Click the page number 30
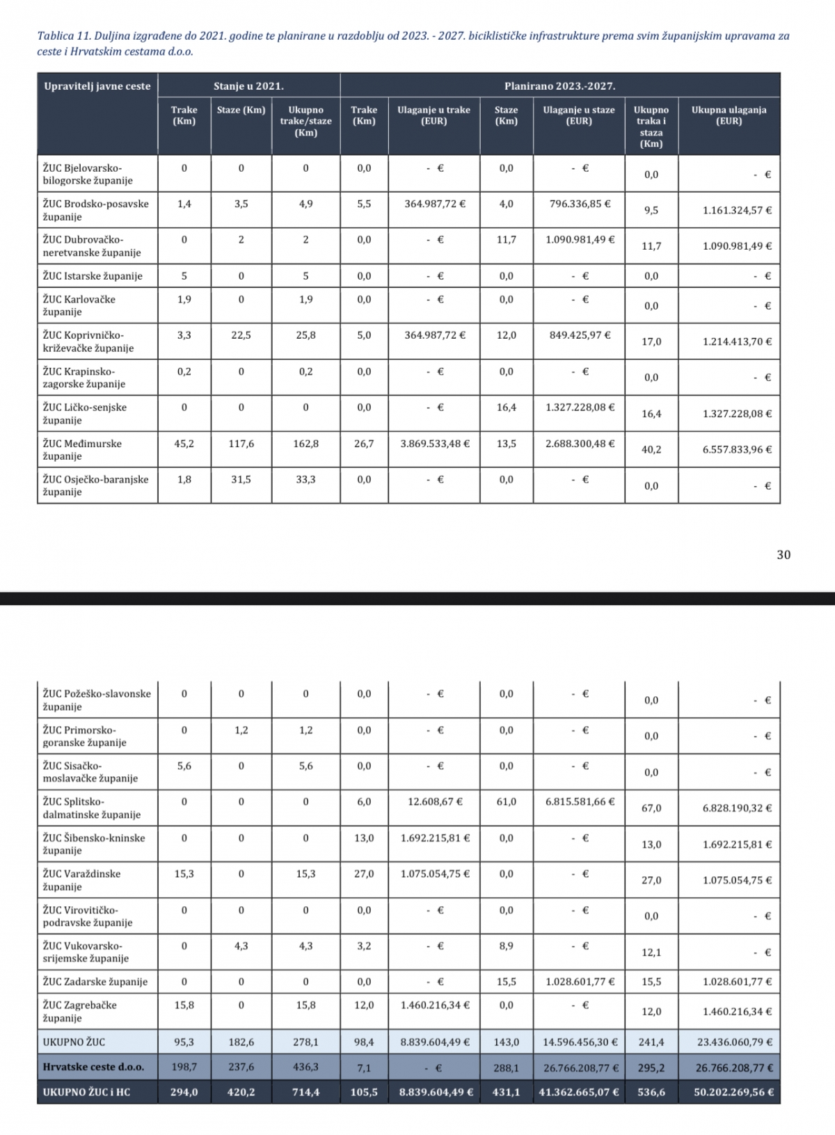click(x=784, y=554)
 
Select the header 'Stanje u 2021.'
click(x=248, y=86)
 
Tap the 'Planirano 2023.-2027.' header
click(x=559, y=86)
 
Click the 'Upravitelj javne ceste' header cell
click(x=97, y=86)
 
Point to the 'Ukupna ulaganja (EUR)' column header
click(x=729, y=115)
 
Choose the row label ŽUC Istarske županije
click(x=93, y=276)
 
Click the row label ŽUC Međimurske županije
click(x=82, y=449)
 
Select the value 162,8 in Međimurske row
click(x=305, y=443)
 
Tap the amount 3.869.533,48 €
click(x=435, y=443)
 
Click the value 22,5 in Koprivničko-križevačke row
click(x=241, y=335)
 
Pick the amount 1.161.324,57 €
click(x=737, y=210)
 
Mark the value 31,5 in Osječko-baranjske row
click(x=241, y=479)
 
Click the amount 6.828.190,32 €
click(x=737, y=808)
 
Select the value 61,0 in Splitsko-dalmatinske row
click(x=506, y=801)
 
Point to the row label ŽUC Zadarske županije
click(x=95, y=982)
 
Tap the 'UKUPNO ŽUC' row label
click(x=74, y=1042)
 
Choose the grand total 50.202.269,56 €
click(x=733, y=1092)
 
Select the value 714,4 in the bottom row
click(x=305, y=1092)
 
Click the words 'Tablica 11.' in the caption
click(x=61, y=36)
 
